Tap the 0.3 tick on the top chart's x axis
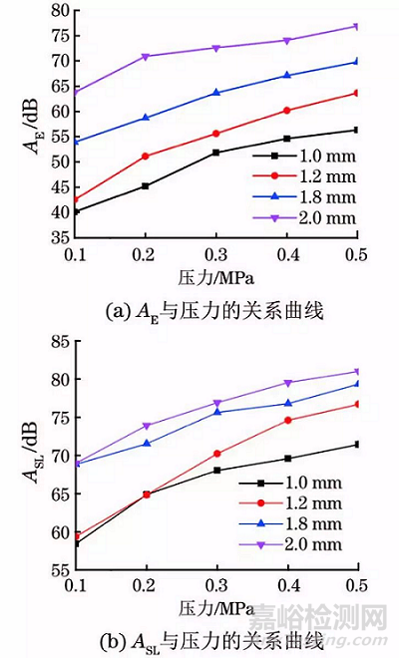[215, 254]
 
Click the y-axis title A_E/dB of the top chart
[30, 124]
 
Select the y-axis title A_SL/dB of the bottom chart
[30, 456]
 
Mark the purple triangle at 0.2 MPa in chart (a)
[146, 57]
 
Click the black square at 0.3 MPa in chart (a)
[215, 153]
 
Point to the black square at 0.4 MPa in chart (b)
[287, 459]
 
